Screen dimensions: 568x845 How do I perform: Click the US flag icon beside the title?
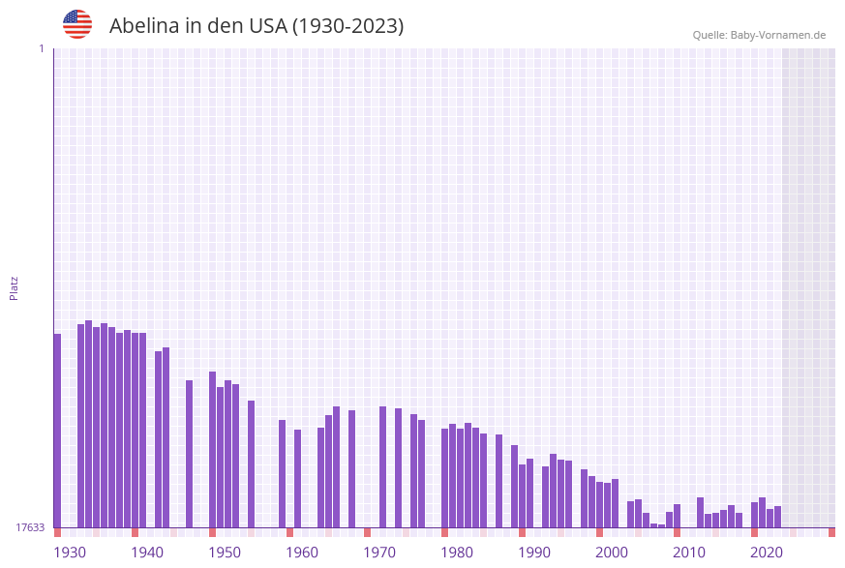(x=77, y=24)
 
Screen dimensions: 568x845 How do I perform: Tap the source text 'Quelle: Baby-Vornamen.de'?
(x=759, y=35)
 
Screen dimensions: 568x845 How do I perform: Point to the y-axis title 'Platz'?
(x=15, y=287)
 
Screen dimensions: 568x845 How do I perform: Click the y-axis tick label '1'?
(x=41, y=48)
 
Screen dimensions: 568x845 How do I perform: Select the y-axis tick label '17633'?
(x=30, y=527)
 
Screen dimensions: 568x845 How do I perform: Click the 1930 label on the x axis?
(x=70, y=553)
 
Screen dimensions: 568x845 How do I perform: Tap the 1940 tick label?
(x=147, y=553)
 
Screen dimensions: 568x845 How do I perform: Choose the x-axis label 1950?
(x=225, y=553)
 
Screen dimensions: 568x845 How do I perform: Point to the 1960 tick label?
(x=302, y=553)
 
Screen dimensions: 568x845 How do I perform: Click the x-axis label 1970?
(x=379, y=553)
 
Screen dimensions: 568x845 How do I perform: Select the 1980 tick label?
(x=457, y=553)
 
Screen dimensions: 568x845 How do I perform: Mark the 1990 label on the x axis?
(x=534, y=553)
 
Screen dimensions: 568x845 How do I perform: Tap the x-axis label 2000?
(x=612, y=553)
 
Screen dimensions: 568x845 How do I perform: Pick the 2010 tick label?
(x=689, y=553)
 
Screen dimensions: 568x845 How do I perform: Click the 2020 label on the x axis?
(x=767, y=553)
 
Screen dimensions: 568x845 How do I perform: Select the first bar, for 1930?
(x=57, y=431)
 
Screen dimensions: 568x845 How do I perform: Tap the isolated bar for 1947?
(x=189, y=454)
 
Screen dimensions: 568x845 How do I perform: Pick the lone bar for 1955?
(x=251, y=463)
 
